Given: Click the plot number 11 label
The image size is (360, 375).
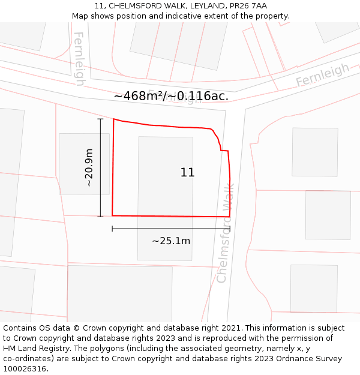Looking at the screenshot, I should tap(187, 173).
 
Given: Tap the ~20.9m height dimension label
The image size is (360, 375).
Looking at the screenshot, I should tap(89, 167).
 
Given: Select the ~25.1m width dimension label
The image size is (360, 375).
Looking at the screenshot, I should tap(171, 241).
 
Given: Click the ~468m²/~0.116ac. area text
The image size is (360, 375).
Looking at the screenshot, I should tap(171, 96).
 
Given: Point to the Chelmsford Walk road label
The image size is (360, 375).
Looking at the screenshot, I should tap(225, 234).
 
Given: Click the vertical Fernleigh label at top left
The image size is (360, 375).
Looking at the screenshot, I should tap(78, 58).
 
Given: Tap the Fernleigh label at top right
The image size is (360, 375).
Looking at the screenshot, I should tap(322, 75).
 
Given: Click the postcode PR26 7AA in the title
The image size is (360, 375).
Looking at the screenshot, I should tap(247, 6).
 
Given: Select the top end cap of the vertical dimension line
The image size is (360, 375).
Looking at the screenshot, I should tap(100, 119).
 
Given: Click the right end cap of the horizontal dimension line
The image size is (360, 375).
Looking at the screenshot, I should tap(230, 229).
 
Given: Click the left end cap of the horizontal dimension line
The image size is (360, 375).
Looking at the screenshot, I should tap(112, 229).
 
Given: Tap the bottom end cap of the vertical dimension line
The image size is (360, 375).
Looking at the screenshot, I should tap(100, 217).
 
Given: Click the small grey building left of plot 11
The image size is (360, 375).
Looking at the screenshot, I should tap(84, 163).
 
